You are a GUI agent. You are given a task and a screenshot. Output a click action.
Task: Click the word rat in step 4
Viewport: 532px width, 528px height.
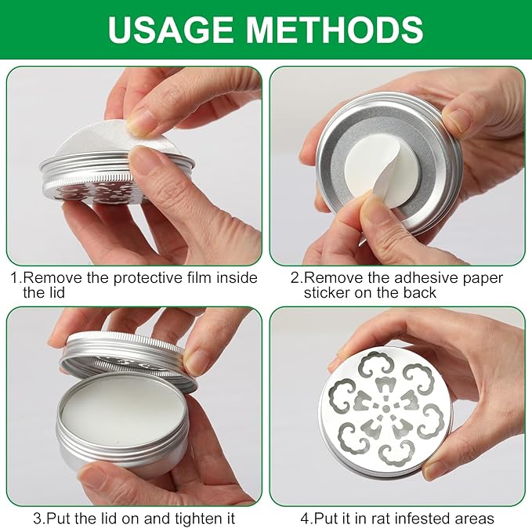381,519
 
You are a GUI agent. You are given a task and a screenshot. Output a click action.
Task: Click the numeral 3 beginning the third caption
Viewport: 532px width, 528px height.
38,519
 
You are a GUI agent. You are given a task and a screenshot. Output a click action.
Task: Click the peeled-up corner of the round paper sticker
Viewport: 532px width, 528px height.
384,183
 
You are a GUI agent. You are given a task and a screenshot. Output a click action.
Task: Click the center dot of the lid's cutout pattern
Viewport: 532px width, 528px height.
385,409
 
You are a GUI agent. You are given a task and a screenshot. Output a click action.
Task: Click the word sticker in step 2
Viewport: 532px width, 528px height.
327,292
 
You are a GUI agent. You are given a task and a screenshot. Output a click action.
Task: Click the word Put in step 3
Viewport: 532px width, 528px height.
58,518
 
